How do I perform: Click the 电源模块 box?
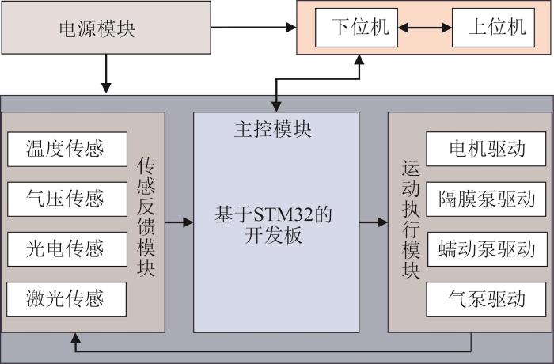click(106, 28)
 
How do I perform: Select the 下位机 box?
click(356, 28)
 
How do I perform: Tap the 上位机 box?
click(493, 28)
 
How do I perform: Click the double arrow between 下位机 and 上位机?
click(425, 28)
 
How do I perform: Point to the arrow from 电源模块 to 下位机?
click(254, 27)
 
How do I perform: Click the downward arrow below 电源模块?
click(106, 74)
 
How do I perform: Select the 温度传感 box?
click(67, 149)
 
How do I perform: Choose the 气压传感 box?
click(67, 199)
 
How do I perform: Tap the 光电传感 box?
click(67, 249)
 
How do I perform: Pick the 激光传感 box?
click(66, 299)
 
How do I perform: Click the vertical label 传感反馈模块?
click(146, 217)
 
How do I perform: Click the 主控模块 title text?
click(273, 129)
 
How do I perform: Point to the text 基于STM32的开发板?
click(274, 225)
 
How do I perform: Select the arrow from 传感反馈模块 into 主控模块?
click(179, 222)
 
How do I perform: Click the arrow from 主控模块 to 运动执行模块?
click(374, 222)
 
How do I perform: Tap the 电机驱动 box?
click(486, 149)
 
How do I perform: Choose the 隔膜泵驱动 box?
click(486, 199)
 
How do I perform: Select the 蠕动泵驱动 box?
click(488, 249)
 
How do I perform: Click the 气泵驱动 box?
click(486, 299)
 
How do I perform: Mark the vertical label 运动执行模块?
click(411, 220)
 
